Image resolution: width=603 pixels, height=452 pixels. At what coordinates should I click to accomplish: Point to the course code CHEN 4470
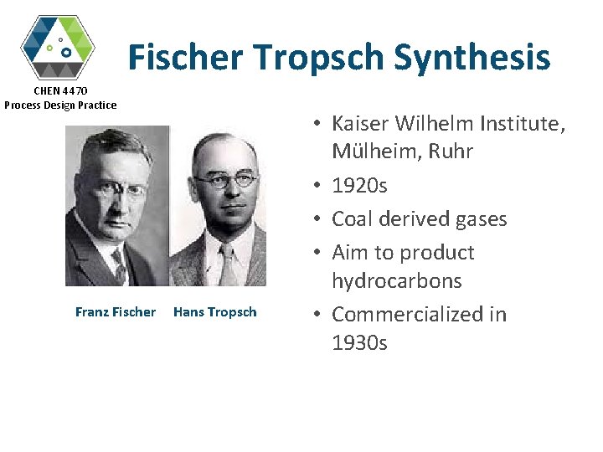coord(60,90)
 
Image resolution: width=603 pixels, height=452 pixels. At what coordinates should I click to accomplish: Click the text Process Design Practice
coord(60,105)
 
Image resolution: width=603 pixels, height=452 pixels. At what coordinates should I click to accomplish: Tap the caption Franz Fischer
coord(116,312)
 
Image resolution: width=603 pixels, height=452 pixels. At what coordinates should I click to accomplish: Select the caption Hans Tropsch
coord(215,312)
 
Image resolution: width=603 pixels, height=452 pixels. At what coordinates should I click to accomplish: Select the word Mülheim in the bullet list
coord(371,152)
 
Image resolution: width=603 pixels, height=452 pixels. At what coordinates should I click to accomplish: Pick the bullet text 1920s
coord(359,185)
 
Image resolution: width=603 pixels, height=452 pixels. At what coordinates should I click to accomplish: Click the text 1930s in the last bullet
coord(359,342)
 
